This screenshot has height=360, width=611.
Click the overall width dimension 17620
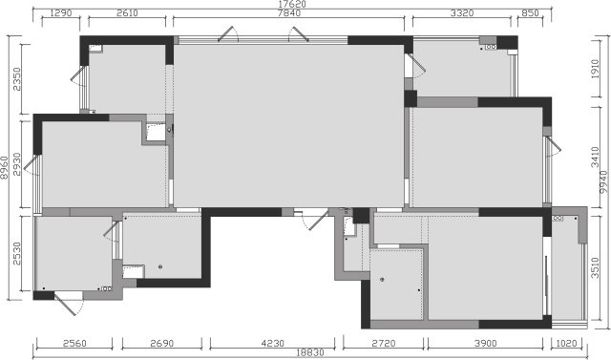pos(292,4)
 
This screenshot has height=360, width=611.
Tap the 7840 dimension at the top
pos(289,13)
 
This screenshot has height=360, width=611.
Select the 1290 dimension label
pos(61,13)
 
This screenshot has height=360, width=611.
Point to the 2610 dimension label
pos(127,13)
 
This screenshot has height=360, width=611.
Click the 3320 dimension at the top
pos(462,13)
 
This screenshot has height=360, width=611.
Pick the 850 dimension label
pos(531,13)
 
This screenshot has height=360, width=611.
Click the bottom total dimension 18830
pos(310,352)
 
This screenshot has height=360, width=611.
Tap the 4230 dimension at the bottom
pos(273,343)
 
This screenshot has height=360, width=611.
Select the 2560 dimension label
pos(74,343)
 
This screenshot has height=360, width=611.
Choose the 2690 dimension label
pos(162,343)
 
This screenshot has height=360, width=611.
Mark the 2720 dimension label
pos(384,343)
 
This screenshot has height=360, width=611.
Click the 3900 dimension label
pos(486,343)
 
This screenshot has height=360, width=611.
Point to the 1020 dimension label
pos(566,343)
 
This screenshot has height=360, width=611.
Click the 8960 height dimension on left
pos(4,168)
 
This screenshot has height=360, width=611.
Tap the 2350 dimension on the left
pos(17,79)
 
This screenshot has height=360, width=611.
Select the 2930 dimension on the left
pos(17,164)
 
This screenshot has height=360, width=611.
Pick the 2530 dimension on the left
pos(17,254)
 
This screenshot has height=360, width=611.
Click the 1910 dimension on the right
pos(595,69)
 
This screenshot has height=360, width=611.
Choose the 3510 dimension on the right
pos(595,267)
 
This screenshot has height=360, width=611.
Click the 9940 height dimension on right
pos(603,182)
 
